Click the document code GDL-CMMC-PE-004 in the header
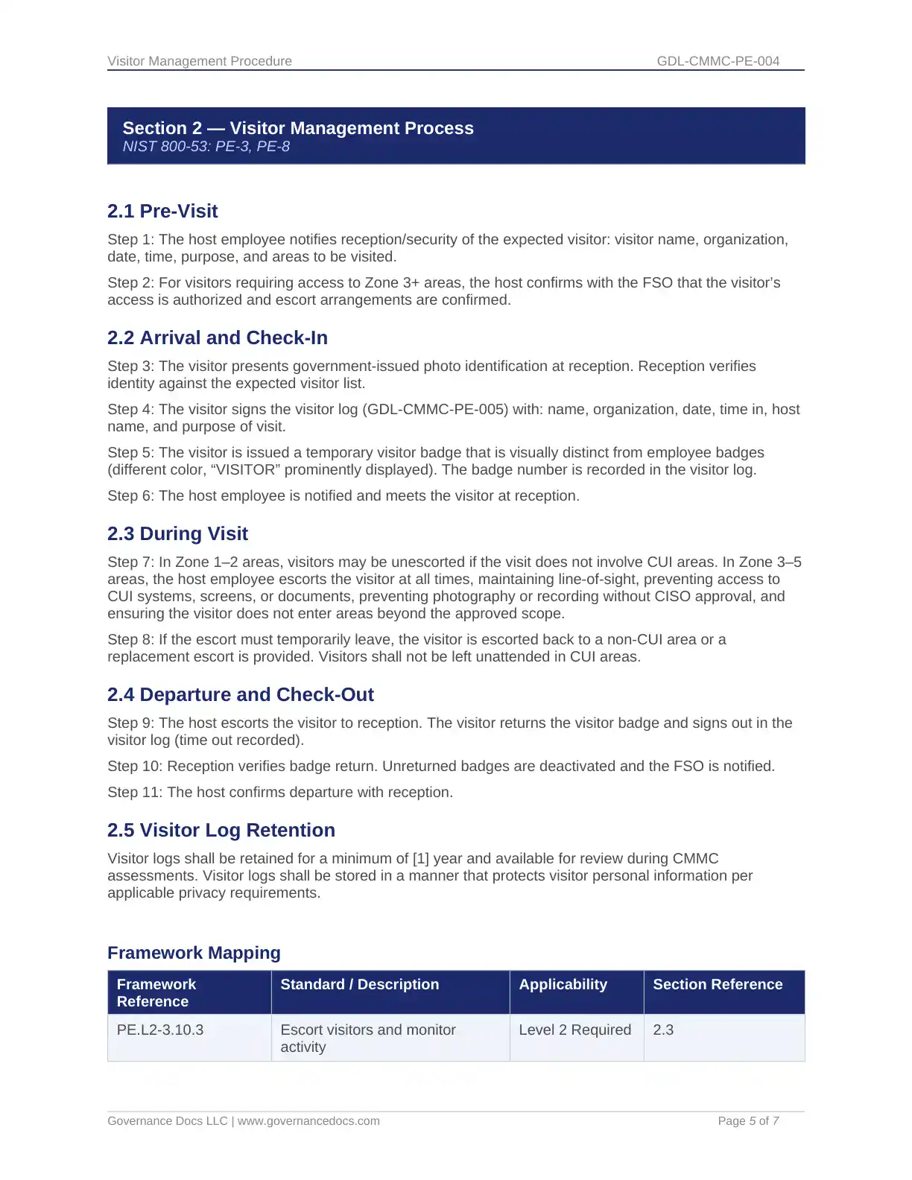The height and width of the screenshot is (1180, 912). click(718, 61)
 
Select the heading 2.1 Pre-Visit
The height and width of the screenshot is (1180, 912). click(162, 211)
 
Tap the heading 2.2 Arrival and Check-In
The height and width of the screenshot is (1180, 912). click(218, 337)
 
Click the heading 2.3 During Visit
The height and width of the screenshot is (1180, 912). click(177, 533)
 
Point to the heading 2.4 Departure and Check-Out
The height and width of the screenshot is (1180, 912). click(240, 694)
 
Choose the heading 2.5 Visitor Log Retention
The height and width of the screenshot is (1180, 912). click(221, 830)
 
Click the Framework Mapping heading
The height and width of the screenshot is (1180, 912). click(194, 953)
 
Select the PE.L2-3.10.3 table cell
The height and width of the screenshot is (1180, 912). click(160, 1030)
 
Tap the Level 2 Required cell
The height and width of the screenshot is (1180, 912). click(574, 1030)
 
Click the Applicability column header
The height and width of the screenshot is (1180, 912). click(563, 984)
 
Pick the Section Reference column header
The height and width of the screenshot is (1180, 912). click(718, 984)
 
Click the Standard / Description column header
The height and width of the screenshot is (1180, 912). click(359, 984)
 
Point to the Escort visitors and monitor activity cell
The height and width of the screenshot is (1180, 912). click(367, 1038)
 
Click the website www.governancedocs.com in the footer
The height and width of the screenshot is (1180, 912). click(308, 1120)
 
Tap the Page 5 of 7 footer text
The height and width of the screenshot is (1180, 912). click(748, 1120)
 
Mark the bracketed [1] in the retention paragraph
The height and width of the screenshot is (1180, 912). click(420, 858)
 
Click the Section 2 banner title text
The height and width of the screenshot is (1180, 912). click(298, 128)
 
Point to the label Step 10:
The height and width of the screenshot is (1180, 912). click(135, 766)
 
